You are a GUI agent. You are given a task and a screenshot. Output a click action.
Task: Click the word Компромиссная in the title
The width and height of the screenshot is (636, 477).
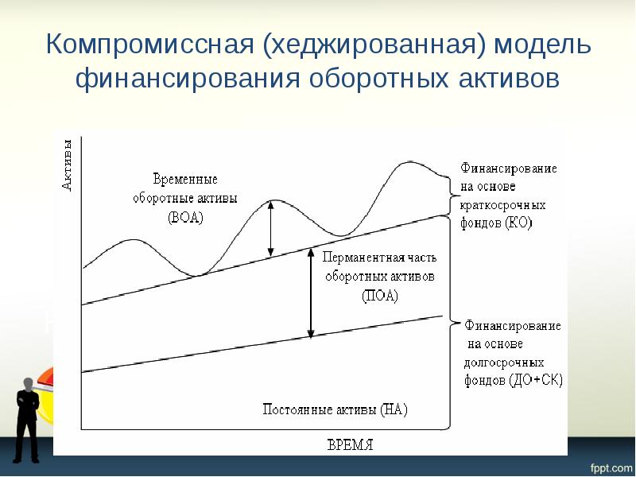(x=149, y=45)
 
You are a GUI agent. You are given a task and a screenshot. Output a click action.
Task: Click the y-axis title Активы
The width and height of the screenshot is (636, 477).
(x=68, y=165)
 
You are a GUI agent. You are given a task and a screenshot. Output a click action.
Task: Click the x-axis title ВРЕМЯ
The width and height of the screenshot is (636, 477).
(x=350, y=444)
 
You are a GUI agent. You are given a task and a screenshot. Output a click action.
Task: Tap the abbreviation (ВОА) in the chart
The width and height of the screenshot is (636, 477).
(x=186, y=216)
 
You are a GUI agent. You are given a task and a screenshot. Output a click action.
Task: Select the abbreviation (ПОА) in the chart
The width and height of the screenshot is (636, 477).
(x=379, y=296)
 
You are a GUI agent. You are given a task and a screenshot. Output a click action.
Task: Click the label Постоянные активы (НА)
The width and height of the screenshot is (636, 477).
(x=335, y=410)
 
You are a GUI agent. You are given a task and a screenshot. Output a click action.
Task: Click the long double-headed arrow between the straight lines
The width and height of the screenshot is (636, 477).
(x=311, y=293)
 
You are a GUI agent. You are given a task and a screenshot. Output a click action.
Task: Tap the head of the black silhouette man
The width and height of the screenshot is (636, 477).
(x=28, y=384)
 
